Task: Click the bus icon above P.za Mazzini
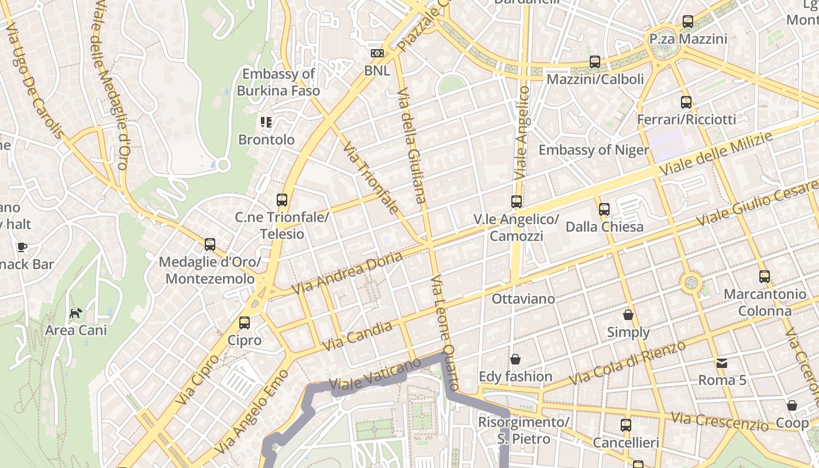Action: click(x=688, y=22)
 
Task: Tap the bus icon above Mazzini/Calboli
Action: click(x=595, y=61)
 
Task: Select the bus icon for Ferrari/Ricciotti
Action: click(x=686, y=102)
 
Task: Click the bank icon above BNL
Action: click(x=377, y=53)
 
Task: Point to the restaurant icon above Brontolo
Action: click(x=266, y=122)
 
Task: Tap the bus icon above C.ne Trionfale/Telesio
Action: click(x=282, y=200)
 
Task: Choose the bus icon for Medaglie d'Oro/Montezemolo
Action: click(x=210, y=245)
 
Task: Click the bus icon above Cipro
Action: click(x=245, y=322)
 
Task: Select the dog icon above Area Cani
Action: click(x=76, y=313)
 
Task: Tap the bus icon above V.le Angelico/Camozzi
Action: click(x=517, y=202)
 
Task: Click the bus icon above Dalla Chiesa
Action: click(x=604, y=209)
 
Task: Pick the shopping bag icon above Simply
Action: click(x=628, y=315)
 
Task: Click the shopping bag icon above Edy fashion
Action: click(x=515, y=359)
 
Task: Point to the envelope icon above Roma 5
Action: click(x=722, y=363)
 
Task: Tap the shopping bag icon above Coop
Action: click(x=792, y=405)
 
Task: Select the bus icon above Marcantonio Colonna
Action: click(x=764, y=277)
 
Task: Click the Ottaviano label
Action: click(x=523, y=299)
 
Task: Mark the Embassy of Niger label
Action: click(x=593, y=150)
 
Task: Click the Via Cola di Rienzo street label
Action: click(x=627, y=363)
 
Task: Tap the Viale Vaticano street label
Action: click(x=375, y=374)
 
